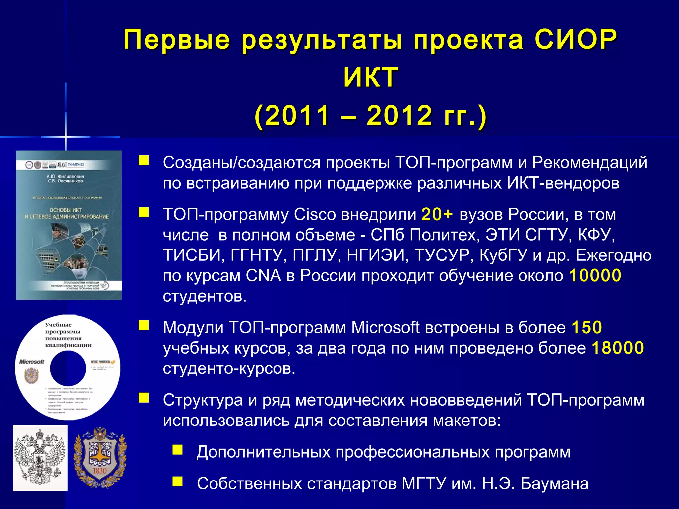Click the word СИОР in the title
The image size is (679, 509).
click(x=576, y=39)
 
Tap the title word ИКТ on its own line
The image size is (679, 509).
click(x=370, y=77)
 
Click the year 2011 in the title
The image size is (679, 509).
click(x=297, y=115)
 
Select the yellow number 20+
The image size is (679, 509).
click(x=437, y=214)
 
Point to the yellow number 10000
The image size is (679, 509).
click(x=595, y=275)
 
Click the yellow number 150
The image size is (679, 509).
click(x=586, y=327)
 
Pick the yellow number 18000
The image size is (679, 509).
click(x=617, y=348)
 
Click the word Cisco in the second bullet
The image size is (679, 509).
click(x=315, y=214)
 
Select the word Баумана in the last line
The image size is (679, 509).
click(x=554, y=483)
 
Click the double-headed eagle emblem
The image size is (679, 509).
click(x=40, y=458)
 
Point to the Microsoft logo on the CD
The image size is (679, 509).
click(x=31, y=362)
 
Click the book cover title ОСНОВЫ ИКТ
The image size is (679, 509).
click(x=66, y=210)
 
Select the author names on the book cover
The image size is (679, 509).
click(x=65, y=179)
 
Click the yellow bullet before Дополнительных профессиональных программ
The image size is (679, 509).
click(x=177, y=450)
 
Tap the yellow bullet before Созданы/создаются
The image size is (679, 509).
click(x=144, y=161)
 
